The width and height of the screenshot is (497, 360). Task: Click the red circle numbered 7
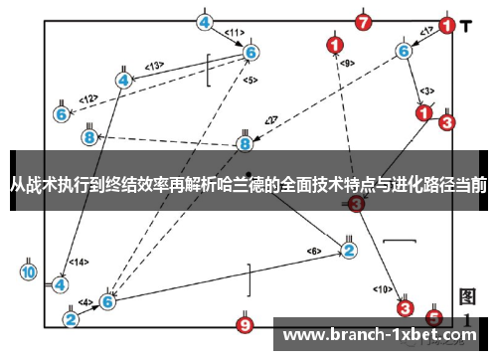[x=364, y=21]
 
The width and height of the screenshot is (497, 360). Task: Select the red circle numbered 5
[x=433, y=318]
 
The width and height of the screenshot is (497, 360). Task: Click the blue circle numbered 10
[x=28, y=271]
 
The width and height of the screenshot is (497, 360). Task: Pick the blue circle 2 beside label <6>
[x=349, y=249]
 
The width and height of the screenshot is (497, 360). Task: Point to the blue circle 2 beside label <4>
[x=71, y=319]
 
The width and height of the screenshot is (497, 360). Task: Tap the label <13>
[x=153, y=67]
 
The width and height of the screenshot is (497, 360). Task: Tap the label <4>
[x=86, y=301]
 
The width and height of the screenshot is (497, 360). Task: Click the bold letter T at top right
[x=466, y=26]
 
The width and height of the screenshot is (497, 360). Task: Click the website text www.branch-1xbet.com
[x=381, y=334]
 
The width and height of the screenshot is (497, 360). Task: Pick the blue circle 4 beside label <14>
[x=60, y=283]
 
